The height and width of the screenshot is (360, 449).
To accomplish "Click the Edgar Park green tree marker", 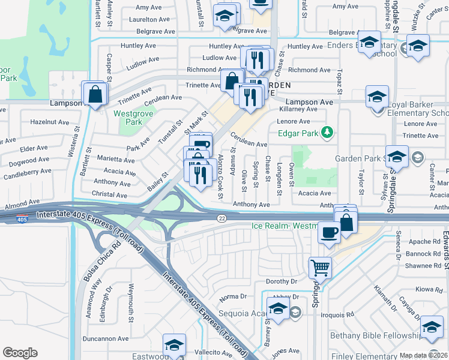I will coord(327,131).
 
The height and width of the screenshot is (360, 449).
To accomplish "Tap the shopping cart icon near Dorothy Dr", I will coord(320,266).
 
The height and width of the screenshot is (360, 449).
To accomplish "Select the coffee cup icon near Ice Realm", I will coord(328,232).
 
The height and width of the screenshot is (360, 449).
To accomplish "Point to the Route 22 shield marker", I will coord(221,218).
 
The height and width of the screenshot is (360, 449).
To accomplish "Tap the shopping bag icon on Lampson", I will coord(95,94).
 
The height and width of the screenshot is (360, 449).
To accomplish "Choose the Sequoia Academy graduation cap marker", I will coord(277,309).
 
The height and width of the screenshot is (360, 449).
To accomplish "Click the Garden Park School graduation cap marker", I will coord(397,157).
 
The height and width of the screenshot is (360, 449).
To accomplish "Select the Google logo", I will coord(20,353).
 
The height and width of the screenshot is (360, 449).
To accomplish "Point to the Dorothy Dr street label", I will coord(282,281).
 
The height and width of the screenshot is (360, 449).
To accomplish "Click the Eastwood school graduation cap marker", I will coord(174,345).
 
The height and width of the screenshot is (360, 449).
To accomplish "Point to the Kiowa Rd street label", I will coord(429,289).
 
